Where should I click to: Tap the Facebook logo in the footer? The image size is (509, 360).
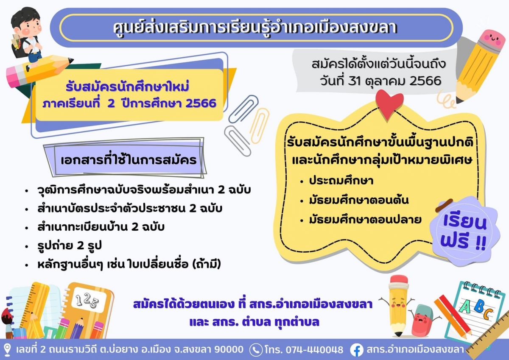(x=357, y=350)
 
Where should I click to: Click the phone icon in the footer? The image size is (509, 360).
(x=256, y=350)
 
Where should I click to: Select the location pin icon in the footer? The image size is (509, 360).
(x=7, y=350)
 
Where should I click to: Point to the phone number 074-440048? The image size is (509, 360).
(x=314, y=350)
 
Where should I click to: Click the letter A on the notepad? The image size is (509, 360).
(x=465, y=307)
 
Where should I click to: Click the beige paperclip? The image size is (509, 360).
(x=260, y=126)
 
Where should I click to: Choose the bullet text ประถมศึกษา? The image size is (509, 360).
(x=341, y=181)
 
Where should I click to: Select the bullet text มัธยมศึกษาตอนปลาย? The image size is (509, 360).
(x=365, y=220)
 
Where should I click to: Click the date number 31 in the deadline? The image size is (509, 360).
(x=355, y=81)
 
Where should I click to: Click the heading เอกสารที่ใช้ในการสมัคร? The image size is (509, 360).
(x=129, y=160)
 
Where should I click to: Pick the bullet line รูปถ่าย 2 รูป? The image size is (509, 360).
(x=70, y=246)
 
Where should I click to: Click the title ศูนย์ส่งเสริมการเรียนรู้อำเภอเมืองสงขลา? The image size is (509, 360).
(x=255, y=28)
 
